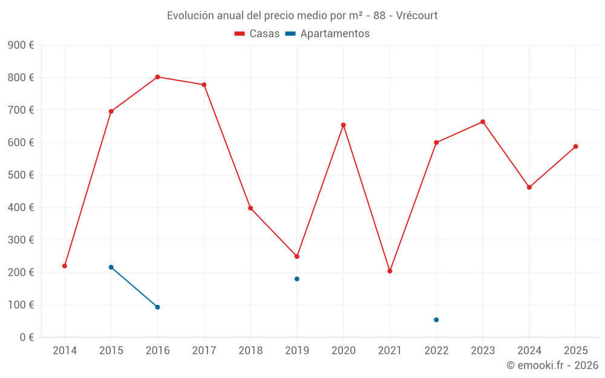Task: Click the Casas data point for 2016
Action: pos(157,77)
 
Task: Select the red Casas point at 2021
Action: pos(390,271)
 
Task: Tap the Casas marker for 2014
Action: pos(65,266)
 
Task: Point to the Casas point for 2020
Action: pos(343,125)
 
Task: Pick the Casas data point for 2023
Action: pos(483,122)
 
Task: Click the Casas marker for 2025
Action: pos(575,146)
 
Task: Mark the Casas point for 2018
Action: pos(250,208)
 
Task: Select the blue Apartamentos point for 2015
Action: pos(111,267)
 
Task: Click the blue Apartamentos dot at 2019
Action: pos(297,279)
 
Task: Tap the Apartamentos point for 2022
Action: pos(436,320)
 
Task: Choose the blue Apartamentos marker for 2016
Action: pos(157,307)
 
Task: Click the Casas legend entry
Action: pos(257,34)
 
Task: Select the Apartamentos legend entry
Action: pos(327,34)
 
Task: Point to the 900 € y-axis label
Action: pos(21,45)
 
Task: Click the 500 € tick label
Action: pos(21,175)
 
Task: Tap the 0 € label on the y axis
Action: pos(26,337)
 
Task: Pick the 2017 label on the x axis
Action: pos(204,351)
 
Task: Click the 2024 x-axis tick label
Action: pos(529,351)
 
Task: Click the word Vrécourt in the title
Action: pos(417,15)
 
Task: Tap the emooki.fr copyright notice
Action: pos(552,365)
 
